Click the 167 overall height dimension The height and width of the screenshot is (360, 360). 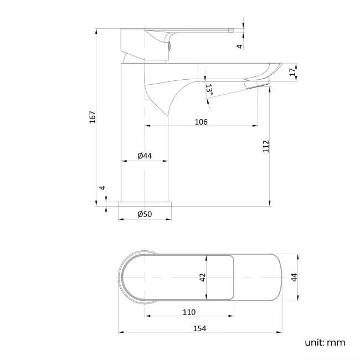tap(93, 117)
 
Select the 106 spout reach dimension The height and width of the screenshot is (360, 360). tap(201, 122)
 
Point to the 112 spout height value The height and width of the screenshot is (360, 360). tap(266, 146)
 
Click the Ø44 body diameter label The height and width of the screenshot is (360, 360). tap(144, 156)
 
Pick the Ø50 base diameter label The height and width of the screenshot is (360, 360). tap(145, 214)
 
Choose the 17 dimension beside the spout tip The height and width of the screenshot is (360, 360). tap(292, 71)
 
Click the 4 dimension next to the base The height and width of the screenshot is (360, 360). tap(102, 188)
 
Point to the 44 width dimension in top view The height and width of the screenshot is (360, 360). tap(295, 278)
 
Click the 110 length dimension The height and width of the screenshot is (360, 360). tap(189, 312)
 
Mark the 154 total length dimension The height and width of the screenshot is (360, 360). tap(199, 328)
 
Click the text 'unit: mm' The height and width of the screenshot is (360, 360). tap(325, 342)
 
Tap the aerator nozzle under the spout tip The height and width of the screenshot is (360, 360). tap(256, 84)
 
